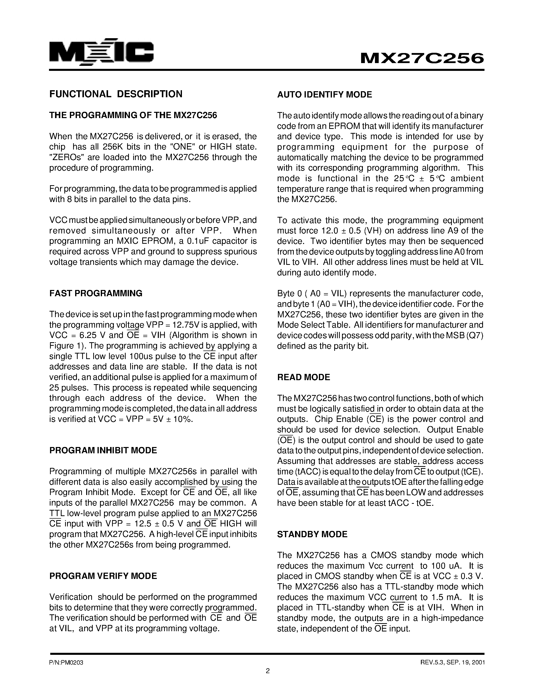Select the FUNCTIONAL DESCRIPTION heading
click(116, 94)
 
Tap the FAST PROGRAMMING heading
click(96, 293)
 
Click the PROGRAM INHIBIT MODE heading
click(103, 450)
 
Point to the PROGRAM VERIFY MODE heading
click(103, 576)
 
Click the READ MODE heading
click(303, 377)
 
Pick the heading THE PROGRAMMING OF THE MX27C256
click(133, 115)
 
